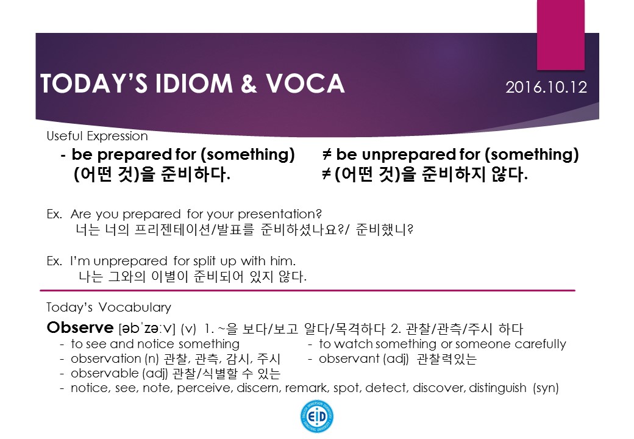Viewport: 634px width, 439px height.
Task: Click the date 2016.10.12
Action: (546, 87)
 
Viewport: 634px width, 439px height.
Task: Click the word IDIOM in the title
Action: (194, 84)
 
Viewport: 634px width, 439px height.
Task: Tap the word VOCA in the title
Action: (305, 84)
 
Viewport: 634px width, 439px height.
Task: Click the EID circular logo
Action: (317, 416)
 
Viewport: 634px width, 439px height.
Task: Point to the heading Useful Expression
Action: (97, 136)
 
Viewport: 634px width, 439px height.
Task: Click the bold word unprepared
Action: (409, 155)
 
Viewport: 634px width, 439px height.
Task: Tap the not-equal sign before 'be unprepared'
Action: (327, 154)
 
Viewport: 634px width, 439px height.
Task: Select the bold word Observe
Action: (80, 327)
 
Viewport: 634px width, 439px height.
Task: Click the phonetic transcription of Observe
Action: (147, 328)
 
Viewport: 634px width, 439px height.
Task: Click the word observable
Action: (104, 373)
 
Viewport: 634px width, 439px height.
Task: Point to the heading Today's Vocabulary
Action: (109, 308)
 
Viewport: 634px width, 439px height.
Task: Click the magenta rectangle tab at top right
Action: (560, 35)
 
